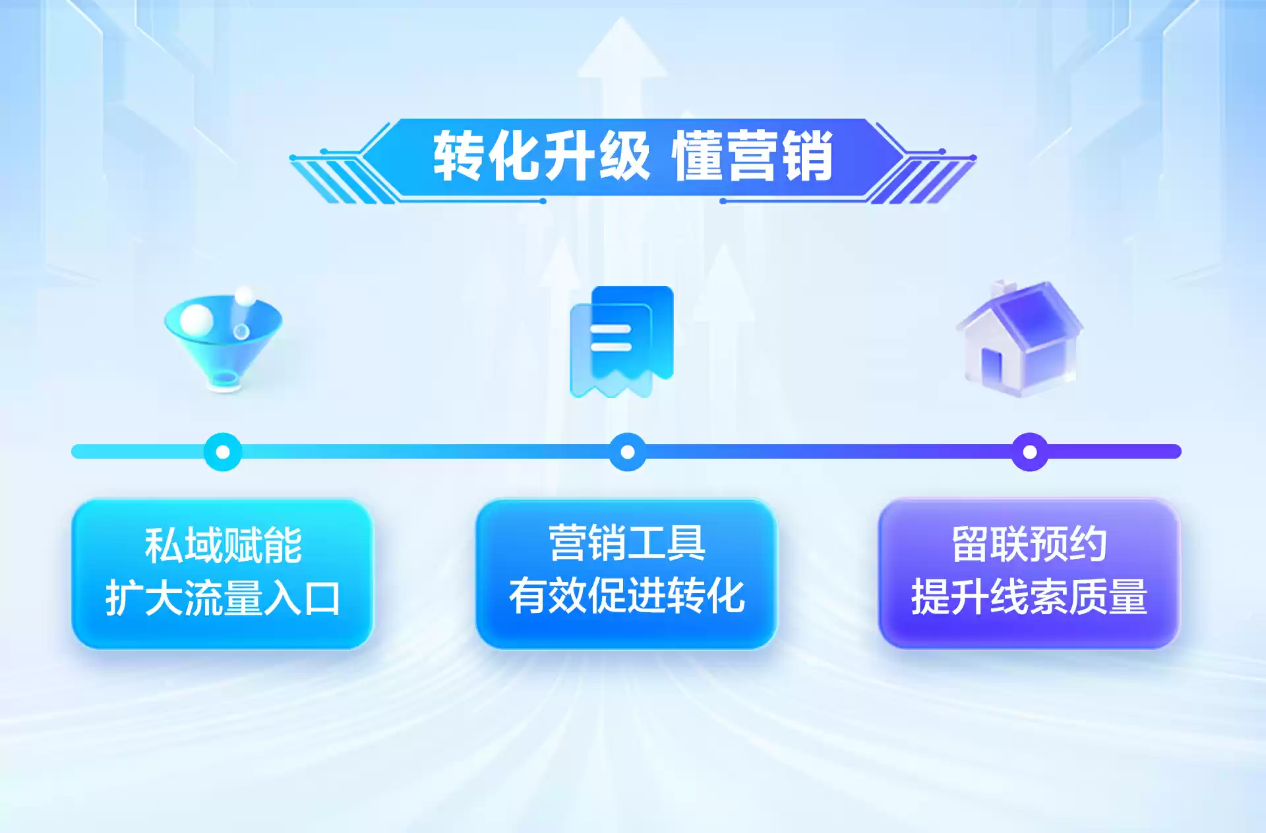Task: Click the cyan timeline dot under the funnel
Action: [223, 452]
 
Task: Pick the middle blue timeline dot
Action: [628, 452]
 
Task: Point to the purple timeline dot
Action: [1029, 452]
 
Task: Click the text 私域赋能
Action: [223, 546]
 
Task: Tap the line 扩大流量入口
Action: [223, 598]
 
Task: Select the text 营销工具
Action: [626, 544]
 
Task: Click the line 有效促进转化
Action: [626, 596]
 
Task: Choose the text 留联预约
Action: [1029, 544]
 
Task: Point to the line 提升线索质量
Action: [1029, 597]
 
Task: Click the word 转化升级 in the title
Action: [541, 157]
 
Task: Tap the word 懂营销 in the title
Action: [752, 157]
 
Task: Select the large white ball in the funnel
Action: [196, 319]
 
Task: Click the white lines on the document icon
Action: [611, 337]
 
